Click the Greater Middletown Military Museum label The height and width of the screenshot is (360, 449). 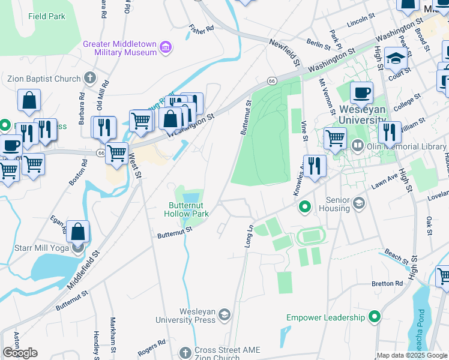pos(120,48)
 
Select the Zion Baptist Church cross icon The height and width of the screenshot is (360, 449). pos(89,78)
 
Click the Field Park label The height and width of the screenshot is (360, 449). pos(46,16)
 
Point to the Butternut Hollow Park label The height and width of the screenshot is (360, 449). pos(188,209)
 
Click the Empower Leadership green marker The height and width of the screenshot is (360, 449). pos(375,316)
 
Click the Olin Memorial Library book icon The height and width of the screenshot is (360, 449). pos(358,146)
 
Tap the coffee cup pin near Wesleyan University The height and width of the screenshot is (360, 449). pos(361,93)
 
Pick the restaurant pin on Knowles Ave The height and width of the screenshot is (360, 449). pos(315,166)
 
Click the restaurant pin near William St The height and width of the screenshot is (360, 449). pos(390,132)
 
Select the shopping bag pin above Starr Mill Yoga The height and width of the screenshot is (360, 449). pos(78,231)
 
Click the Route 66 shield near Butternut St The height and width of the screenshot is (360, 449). pos(272,81)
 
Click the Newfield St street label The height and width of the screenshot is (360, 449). pos(284,51)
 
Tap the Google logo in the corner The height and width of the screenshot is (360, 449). pos(20,353)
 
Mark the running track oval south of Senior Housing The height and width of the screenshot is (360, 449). pos(310,236)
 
